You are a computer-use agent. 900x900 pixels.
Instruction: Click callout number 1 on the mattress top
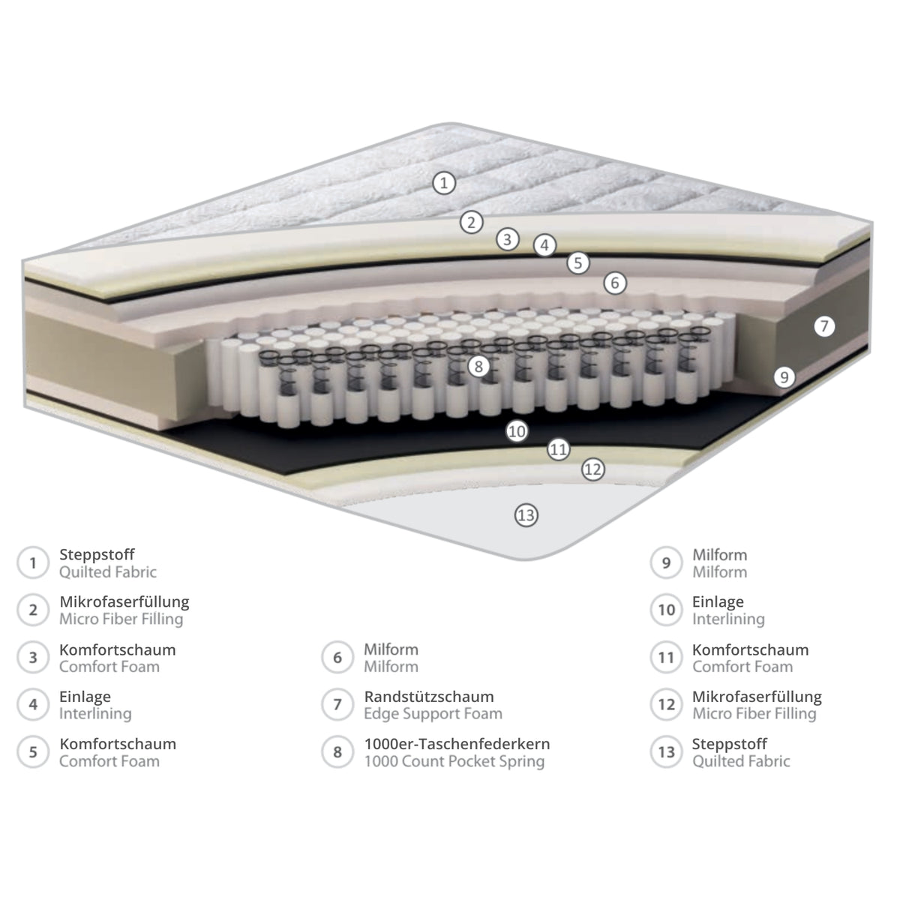444,183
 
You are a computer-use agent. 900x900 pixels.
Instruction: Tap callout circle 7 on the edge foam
824,326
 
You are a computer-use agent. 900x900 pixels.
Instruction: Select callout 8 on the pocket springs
478,367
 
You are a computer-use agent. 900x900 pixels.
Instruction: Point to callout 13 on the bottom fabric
526,515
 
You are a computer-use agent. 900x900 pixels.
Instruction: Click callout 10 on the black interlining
517,431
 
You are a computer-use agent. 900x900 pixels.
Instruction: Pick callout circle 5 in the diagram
578,263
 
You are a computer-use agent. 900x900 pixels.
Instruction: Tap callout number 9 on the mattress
784,377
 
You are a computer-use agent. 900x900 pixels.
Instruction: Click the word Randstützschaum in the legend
429,696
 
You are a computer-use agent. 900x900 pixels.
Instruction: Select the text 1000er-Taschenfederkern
457,743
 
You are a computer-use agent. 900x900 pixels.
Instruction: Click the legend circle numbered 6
337,658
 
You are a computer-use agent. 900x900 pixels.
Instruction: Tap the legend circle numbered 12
667,704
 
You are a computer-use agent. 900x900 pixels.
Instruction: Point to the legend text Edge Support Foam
433,714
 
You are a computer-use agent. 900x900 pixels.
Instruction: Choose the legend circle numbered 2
33,610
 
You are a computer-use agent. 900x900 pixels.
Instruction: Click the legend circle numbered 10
667,610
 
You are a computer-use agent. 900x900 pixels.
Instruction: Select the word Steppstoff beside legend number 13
730,744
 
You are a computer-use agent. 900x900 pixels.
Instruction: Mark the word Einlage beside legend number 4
85,696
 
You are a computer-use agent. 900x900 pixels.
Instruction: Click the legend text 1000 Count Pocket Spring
454,761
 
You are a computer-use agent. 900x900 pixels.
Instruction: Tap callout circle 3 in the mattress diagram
507,239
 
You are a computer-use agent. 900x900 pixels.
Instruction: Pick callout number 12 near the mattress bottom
592,469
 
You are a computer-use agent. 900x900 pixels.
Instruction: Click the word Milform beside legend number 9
720,555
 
